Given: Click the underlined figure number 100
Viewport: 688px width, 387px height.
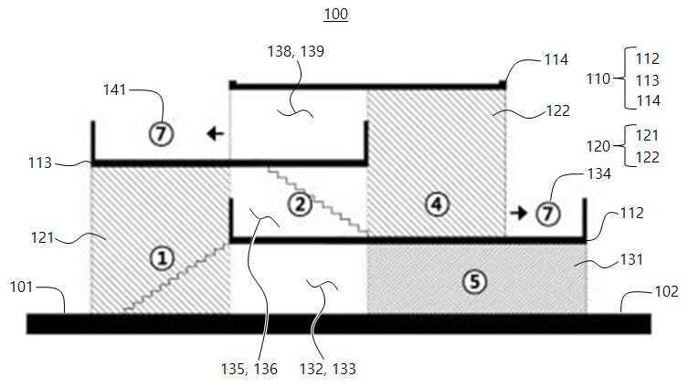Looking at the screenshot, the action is coord(335,14).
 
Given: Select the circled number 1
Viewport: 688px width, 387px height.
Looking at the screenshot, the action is coord(163,258).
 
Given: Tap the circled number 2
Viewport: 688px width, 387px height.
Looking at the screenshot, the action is coord(300,204).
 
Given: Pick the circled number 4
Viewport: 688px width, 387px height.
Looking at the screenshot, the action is coord(437,204).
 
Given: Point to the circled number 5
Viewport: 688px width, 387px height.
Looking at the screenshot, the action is coord(475,281).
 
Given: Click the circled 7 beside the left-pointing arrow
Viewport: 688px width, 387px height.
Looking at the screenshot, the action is coord(162,133).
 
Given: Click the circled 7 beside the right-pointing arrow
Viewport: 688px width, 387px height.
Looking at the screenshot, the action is coord(547,214).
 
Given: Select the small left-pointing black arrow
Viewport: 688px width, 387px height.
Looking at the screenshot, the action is coord(216,133).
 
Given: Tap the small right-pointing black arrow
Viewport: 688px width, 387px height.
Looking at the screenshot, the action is coord(519,213).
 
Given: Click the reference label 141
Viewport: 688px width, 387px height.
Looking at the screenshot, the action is coord(114,89).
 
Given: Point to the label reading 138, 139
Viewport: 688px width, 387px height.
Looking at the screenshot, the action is coord(296,51).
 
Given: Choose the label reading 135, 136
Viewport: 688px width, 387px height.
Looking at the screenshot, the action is coord(249,369).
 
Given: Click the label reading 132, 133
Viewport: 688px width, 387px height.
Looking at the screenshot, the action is coord(327,369).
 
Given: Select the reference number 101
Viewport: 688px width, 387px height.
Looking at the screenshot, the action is coord(21,288).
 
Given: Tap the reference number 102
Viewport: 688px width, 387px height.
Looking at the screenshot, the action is coord(666,291).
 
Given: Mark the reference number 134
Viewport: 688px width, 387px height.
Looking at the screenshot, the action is coord(599,174).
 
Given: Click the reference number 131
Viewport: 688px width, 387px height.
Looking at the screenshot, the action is coord(631,259).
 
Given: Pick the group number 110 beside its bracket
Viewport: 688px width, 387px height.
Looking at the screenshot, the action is coord(598,78).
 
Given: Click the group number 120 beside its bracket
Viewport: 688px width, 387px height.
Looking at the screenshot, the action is coord(598,146).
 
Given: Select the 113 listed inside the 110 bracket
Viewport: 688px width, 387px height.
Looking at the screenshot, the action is coord(648,80).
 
